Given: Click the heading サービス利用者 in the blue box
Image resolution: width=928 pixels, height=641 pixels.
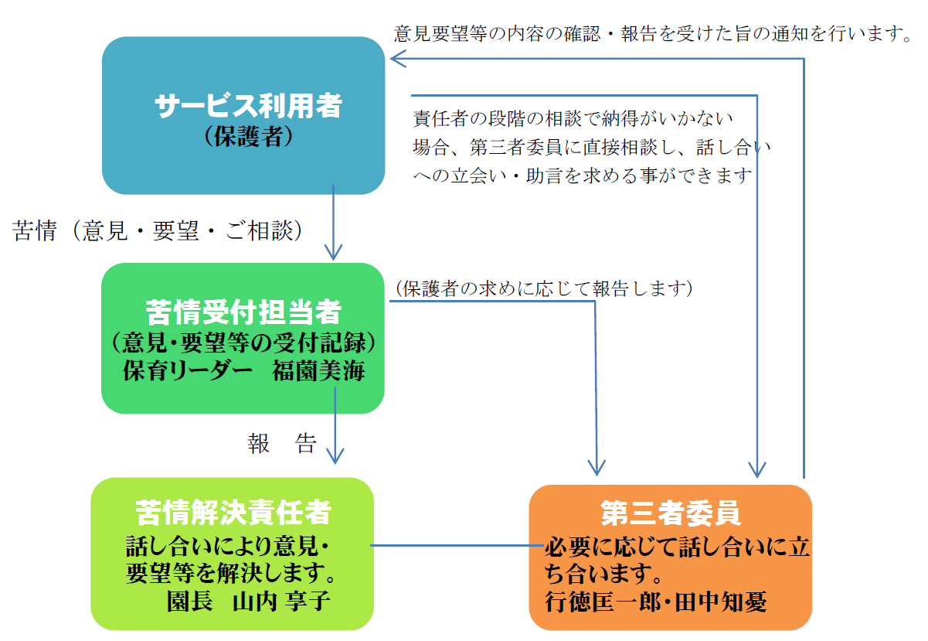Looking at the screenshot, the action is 248,105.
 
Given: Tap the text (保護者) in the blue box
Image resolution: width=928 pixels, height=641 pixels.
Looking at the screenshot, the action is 249,136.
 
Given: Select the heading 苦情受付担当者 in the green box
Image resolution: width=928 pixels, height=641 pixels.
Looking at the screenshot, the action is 243,312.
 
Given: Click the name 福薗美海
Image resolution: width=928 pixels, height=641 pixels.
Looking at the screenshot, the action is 318,370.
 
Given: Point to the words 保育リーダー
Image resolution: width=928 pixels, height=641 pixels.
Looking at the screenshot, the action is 187,370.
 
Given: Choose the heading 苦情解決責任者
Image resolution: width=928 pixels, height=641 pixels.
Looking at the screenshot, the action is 233,513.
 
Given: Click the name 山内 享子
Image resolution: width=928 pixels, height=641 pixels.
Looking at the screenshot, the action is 281,601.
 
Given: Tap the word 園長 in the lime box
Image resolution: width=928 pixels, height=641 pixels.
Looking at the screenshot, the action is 189,601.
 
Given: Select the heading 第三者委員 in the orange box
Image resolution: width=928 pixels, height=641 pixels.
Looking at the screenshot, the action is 671,513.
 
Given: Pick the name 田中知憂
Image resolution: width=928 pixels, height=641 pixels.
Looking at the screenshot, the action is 721,602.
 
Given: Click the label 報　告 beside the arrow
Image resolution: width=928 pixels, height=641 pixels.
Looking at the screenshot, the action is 282,443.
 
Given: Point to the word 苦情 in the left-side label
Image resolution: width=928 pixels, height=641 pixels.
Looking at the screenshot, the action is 35,230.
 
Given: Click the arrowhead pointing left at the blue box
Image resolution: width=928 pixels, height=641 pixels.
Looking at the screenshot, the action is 398,59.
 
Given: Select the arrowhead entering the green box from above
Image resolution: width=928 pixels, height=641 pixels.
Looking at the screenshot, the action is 333,253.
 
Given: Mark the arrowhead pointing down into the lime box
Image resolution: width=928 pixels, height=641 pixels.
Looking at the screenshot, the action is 335,456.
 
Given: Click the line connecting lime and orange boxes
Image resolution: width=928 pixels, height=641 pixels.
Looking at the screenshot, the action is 457,545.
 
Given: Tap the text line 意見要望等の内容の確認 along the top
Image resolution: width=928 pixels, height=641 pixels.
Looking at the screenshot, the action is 497,33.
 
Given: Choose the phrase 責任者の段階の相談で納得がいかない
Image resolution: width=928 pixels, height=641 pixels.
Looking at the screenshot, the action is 573,118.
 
